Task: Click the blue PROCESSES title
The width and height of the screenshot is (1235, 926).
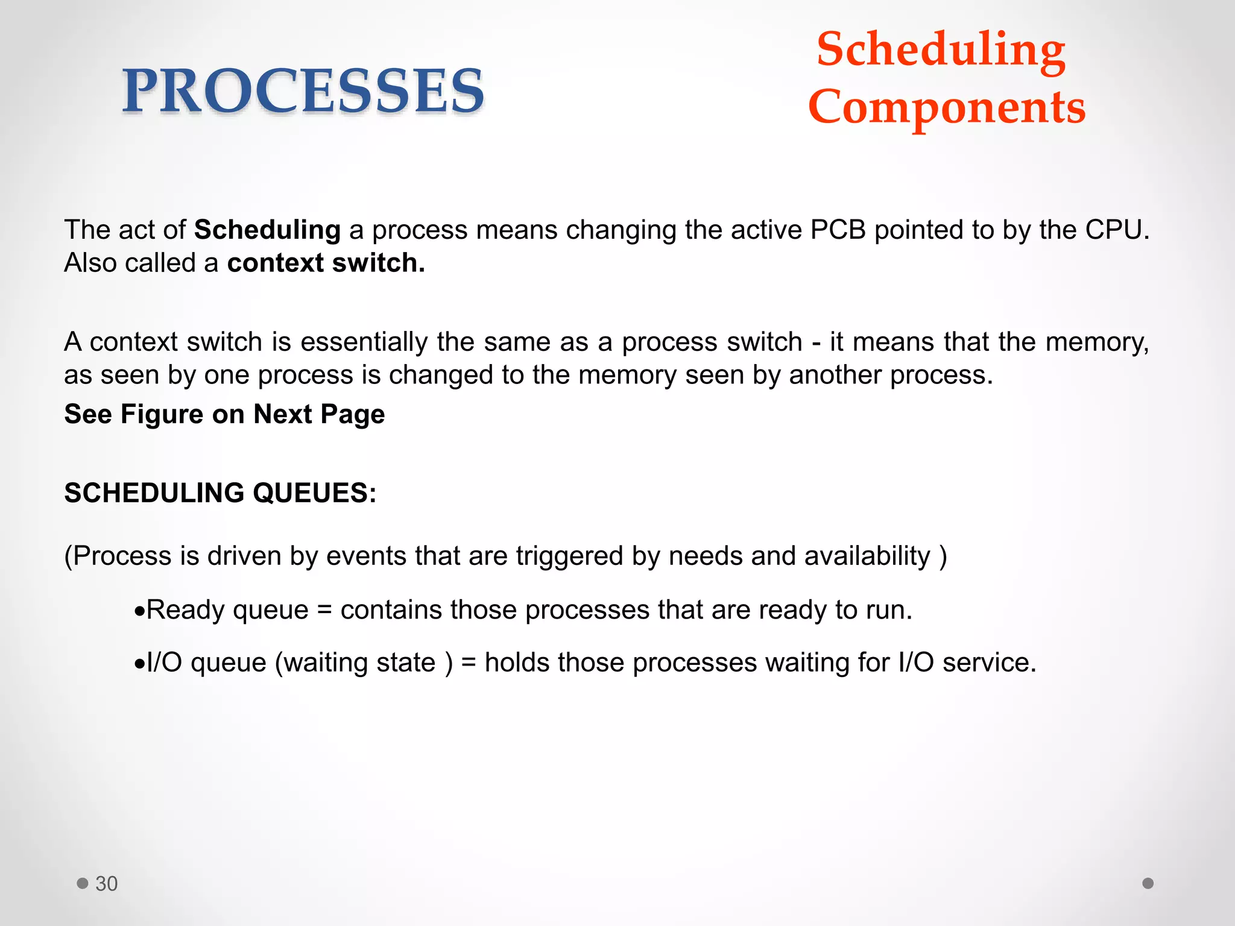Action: pos(303,92)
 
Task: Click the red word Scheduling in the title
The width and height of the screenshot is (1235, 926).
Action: pos(941,49)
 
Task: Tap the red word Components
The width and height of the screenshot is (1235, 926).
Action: pos(947,107)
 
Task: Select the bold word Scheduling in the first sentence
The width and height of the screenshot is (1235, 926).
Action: pos(267,230)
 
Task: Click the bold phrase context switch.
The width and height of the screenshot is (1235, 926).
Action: pos(326,263)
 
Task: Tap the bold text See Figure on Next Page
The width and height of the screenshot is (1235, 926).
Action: pos(224,414)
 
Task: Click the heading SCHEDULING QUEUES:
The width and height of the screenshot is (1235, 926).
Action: pos(220,493)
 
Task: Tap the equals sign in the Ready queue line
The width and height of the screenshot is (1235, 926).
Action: pos(324,610)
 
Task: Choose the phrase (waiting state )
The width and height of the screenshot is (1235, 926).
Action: pos(364,663)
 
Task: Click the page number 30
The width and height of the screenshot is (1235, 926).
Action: pos(106,883)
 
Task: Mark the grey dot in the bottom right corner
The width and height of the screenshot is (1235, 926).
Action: pos(1148,883)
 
